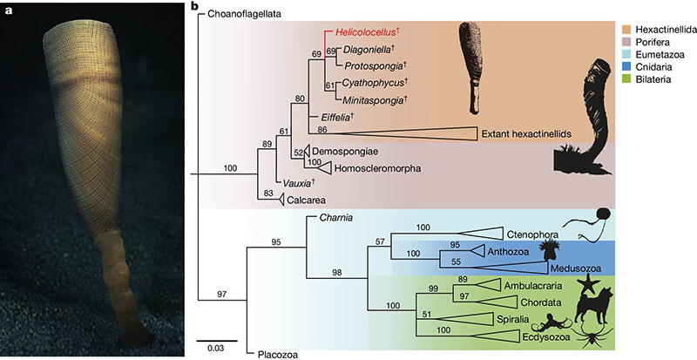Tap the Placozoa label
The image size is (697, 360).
pyautogui.click(x=281, y=354)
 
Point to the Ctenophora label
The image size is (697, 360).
pyautogui.click(x=532, y=234)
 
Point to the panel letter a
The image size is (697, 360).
pyautogui.click(x=8, y=9)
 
